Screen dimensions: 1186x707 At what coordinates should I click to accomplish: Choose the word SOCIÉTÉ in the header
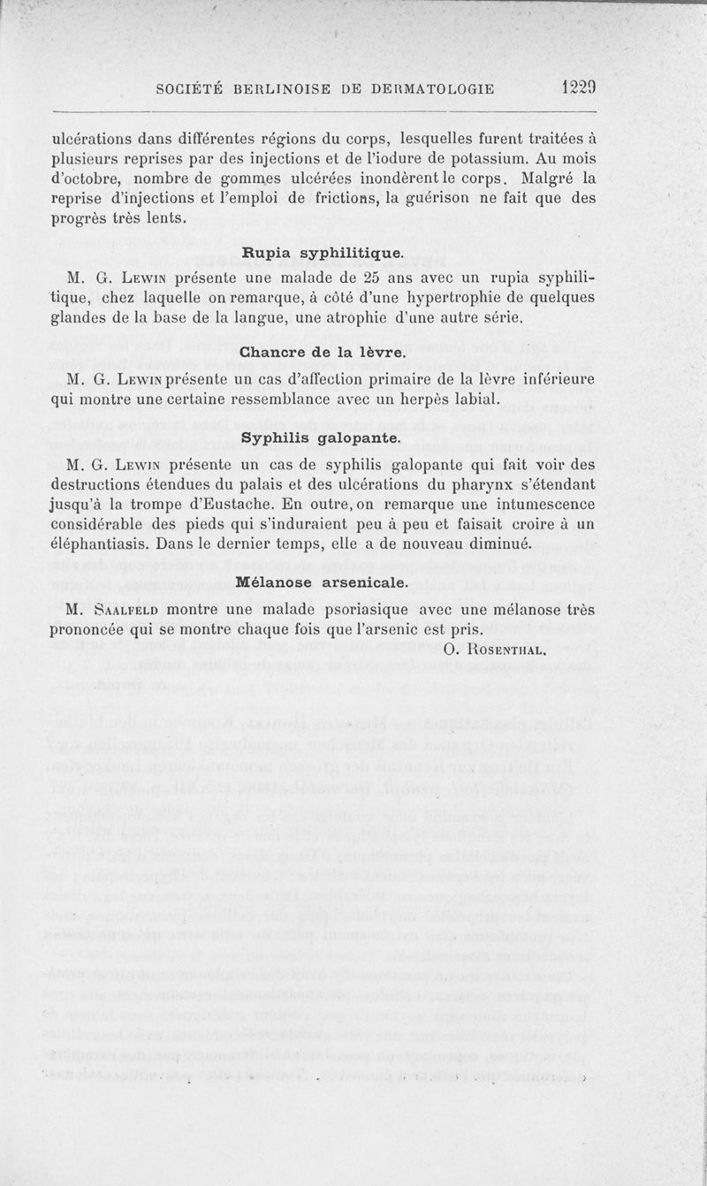pos(191,88)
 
